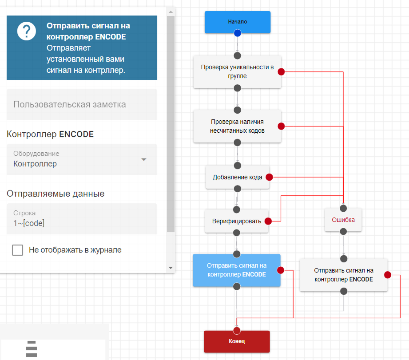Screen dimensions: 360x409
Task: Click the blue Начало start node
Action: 237,21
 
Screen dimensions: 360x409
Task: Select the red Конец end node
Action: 237,341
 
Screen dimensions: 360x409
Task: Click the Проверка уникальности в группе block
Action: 237,71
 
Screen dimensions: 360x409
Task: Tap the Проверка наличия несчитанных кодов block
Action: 237,126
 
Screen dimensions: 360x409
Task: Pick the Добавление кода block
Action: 237,177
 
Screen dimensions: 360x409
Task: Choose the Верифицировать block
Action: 236,221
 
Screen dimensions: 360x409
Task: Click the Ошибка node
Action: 343,220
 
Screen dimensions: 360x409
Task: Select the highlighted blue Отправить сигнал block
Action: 236,270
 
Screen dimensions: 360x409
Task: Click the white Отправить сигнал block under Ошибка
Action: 343,275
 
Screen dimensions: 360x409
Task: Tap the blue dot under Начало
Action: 237,33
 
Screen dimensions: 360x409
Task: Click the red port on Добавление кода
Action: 269,177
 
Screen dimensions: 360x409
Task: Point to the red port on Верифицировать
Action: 268,221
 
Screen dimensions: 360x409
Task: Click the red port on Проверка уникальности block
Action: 281,71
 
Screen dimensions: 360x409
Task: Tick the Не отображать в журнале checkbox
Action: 18,250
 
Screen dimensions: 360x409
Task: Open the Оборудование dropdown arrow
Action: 143,159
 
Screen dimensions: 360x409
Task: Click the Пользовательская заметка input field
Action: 82,104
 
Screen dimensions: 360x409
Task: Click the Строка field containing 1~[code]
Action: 82,219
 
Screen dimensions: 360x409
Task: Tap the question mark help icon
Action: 26,31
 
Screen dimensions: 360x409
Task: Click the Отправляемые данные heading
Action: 56,194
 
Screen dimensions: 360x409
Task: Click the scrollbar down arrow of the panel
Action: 171,268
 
